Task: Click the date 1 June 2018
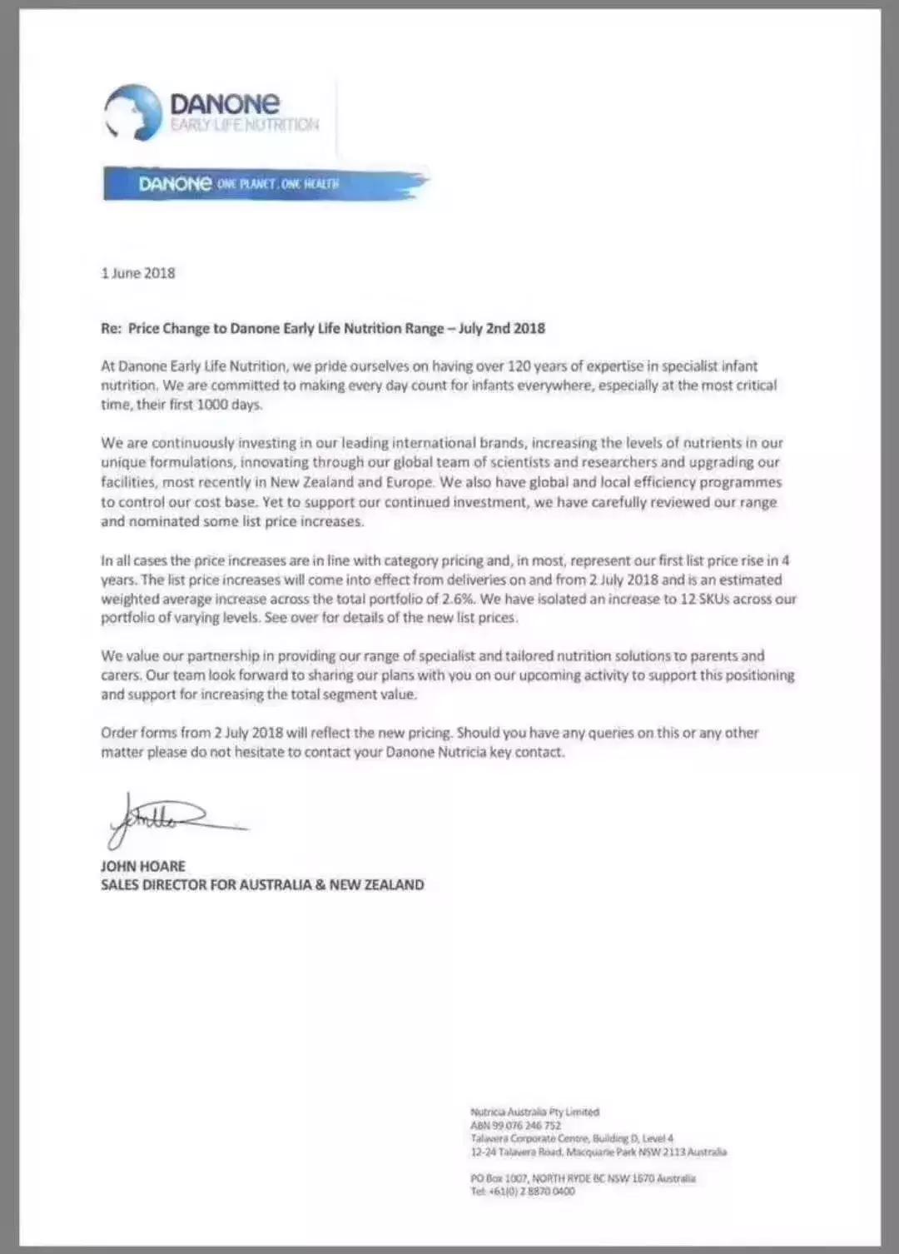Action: (x=138, y=273)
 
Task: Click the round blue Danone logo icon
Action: (x=133, y=112)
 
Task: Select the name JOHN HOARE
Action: (x=143, y=866)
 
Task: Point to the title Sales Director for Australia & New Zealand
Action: (x=262, y=885)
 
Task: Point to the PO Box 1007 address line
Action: (x=583, y=1178)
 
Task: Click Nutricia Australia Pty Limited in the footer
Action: (x=534, y=1112)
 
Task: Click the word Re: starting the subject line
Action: (x=112, y=328)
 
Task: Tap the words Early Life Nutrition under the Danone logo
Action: (x=245, y=125)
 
